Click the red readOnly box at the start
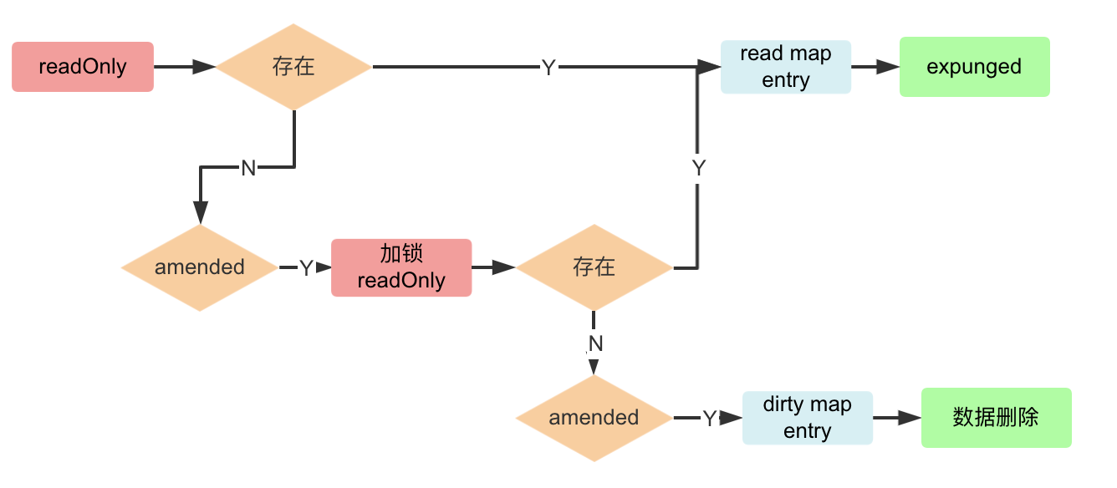click(x=83, y=67)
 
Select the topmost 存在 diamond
click(x=294, y=67)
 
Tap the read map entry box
click(x=785, y=67)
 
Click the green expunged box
click(x=974, y=67)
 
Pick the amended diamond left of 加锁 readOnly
click(x=200, y=267)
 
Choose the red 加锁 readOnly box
click(x=401, y=267)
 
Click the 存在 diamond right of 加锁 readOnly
click(x=594, y=267)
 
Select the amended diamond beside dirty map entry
click(x=594, y=418)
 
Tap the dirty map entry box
click(x=807, y=418)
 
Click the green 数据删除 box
click(x=996, y=418)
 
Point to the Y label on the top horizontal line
click(x=548, y=68)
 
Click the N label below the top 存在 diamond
click(x=248, y=168)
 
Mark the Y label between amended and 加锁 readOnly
click(x=306, y=268)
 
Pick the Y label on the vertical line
click(x=698, y=168)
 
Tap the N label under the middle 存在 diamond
click(x=595, y=343)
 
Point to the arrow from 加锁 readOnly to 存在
click(x=494, y=267)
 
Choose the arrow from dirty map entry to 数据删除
click(x=897, y=418)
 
